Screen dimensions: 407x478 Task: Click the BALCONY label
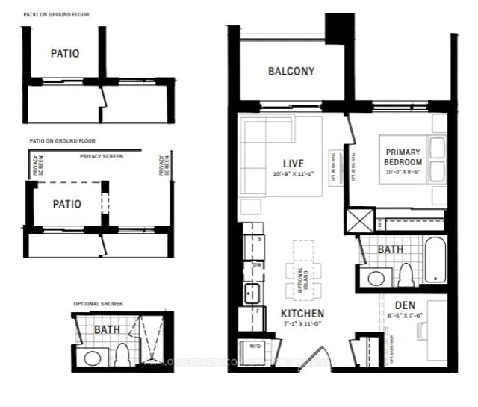(x=291, y=72)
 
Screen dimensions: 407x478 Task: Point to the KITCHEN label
(x=302, y=314)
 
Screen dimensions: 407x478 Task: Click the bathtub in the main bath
(x=435, y=260)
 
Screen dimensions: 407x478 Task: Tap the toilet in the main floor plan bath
(x=406, y=276)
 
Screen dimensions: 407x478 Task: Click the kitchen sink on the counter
(x=250, y=290)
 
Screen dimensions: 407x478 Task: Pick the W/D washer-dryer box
(x=249, y=347)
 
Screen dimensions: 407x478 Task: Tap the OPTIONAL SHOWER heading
(x=98, y=304)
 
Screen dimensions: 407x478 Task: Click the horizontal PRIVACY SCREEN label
(x=101, y=156)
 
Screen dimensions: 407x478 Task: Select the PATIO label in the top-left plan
(x=65, y=54)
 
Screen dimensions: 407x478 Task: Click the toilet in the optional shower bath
(x=120, y=353)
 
